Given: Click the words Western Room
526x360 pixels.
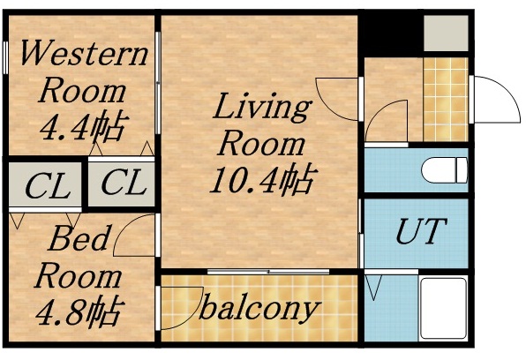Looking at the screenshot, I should (x=83, y=71).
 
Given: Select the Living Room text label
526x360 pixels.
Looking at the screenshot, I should (x=262, y=124).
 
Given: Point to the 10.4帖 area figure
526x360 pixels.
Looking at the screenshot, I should (x=261, y=181).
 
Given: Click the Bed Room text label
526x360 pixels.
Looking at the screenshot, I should (x=79, y=256).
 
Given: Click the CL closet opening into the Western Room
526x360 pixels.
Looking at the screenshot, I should (x=122, y=184).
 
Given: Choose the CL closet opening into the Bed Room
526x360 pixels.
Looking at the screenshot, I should (x=46, y=186).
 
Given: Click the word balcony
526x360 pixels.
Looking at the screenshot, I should (x=258, y=308).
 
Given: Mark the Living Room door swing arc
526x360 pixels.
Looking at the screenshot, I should (x=340, y=95).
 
